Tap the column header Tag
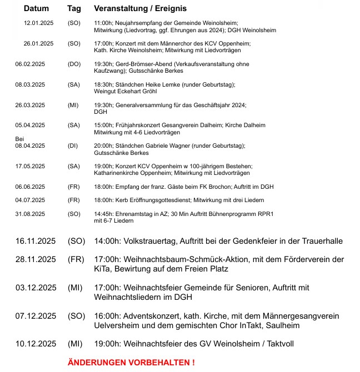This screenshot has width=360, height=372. coord(74,9)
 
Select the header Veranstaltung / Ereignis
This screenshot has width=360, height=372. coord(141,9)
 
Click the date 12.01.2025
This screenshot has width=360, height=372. coord(38,23)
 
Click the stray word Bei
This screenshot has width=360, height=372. coord(20,138)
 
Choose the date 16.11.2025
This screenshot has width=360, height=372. coord(36,241)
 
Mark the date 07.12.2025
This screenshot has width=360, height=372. coord(36,316)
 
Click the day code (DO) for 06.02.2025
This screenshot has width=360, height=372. coord(74,64)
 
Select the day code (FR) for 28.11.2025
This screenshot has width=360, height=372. coord(76,259)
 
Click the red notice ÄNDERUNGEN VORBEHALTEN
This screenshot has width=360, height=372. coord(131,363)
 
